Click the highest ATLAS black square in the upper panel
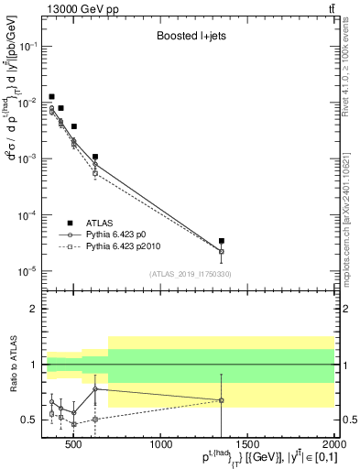[x=52, y=96]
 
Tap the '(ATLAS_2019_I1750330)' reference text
[x=190, y=274]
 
